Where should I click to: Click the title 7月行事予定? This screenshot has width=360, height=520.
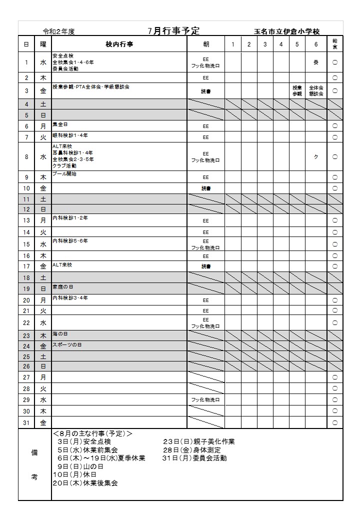pos(174,30)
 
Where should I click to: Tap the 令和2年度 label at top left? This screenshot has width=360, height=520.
pos(59,31)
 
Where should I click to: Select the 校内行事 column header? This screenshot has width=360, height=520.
pos(119,44)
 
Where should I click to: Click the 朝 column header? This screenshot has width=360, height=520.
pos(206,44)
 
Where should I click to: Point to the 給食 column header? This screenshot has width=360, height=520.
pos(334,44)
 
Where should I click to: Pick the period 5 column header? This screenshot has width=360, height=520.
pos(297,44)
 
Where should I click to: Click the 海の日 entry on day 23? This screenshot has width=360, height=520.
pos(60,333)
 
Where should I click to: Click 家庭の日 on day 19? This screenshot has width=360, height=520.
pos(62,287)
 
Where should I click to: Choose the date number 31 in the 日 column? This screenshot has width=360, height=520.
pos(26,422)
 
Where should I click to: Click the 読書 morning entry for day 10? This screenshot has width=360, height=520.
pos(206,188)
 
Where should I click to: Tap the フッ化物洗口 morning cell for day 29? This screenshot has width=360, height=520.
pos(206,400)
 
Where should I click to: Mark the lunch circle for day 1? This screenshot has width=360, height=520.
pos(334,62)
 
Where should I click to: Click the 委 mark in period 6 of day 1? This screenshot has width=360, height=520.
pos(315,62)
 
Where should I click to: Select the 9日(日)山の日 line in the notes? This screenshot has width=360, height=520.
pos(77,466)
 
